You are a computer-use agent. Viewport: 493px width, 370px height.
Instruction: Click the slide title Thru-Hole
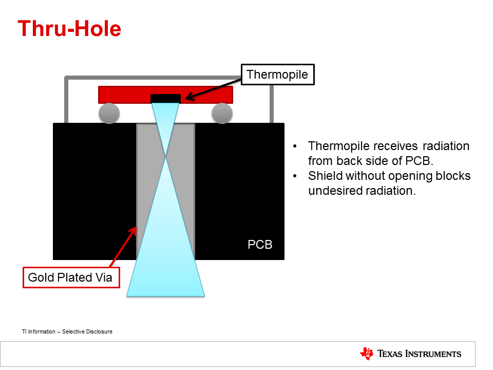pyautogui.click(x=69, y=29)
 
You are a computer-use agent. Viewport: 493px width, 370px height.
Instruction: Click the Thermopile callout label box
pyautogui.click(x=277, y=75)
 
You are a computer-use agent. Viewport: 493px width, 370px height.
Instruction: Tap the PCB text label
pyautogui.click(x=260, y=245)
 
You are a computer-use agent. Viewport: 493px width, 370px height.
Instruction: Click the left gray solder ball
pyautogui.click(x=109, y=113)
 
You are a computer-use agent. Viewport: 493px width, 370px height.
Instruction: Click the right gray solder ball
pyautogui.click(x=222, y=113)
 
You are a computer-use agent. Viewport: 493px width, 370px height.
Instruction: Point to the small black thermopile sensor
pyautogui.click(x=165, y=99)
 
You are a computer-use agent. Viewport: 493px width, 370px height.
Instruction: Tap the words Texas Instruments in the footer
pyautogui.click(x=419, y=354)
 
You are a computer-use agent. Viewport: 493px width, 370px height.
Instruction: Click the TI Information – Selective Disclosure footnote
pyautogui.click(x=67, y=331)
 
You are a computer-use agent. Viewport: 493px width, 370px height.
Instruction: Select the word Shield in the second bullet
pyautogui.click(x=325, y=176)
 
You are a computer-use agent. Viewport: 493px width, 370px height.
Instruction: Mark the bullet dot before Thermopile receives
pyautogui.click(x=295, y=146)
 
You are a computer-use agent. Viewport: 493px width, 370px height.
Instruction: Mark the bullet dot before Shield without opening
pyautogui.click(x=295, y=176)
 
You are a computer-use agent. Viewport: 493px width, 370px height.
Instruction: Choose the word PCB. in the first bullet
pyautogui.click(x=421, y=161)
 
